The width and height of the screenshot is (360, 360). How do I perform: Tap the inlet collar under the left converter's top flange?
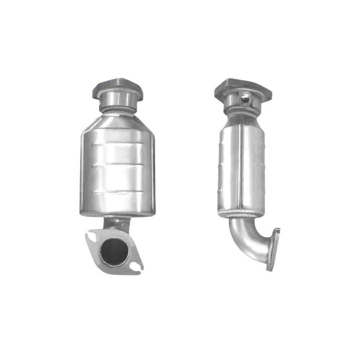117,100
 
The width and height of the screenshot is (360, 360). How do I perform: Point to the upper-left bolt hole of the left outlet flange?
92,235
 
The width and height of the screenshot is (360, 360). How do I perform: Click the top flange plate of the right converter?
243,86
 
